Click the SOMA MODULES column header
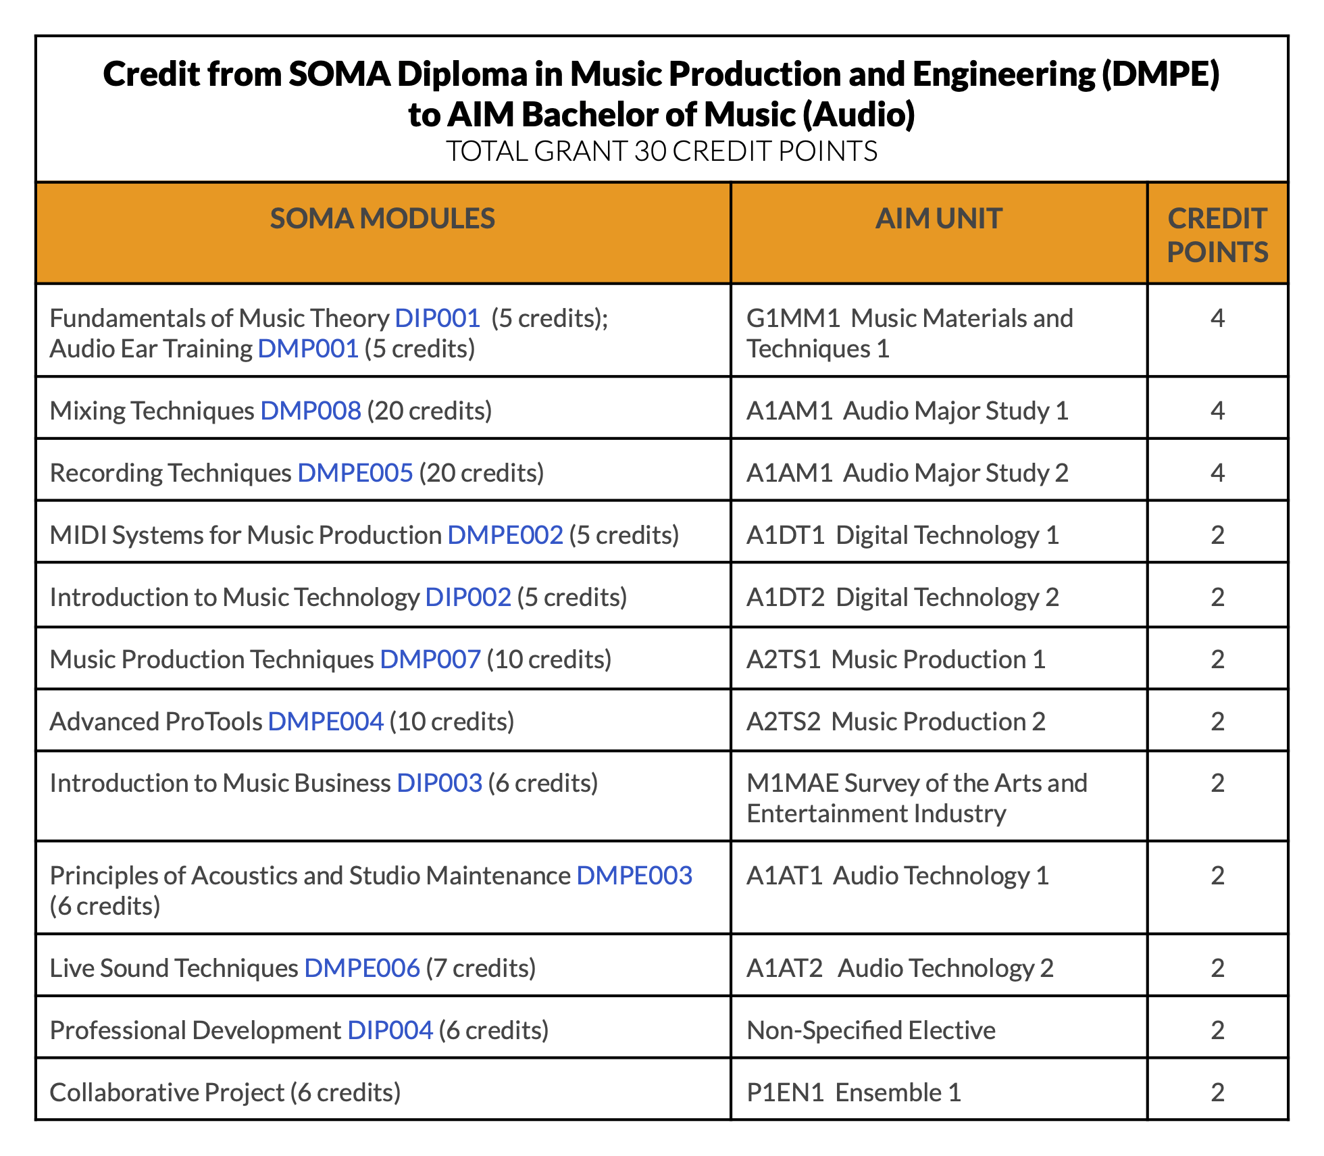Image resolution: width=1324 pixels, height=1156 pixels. (382, 219)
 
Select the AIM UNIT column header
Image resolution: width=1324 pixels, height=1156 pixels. (938, 219)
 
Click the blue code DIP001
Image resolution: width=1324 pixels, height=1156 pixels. (437, 318)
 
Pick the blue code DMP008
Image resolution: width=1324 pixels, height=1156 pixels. (311, 411)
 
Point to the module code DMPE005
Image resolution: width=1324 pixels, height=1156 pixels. (355, 473)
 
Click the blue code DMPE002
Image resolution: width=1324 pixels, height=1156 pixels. (505, 535)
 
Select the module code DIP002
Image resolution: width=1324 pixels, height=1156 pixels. (468, 597)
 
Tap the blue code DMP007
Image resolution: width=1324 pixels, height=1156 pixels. (430, 659)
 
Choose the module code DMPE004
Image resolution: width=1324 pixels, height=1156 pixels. (326, 722)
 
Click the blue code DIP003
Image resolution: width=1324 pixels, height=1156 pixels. (439, 783)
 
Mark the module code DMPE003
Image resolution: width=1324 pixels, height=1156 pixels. (634, 876)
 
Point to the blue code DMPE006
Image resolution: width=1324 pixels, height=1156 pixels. (362, 968)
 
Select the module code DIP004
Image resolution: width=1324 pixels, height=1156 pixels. (390, 1030)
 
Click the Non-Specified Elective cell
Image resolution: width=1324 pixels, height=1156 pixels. (871, 1030)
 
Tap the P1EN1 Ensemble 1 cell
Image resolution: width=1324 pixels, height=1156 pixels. (854, 1092)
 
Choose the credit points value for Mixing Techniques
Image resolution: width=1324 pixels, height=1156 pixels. (1217, 411)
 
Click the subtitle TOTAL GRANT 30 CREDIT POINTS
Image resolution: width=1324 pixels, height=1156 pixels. (661, 151)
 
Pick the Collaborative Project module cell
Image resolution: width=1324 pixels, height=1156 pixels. (225, 1092)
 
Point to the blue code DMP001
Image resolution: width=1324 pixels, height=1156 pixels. (308, 349)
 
